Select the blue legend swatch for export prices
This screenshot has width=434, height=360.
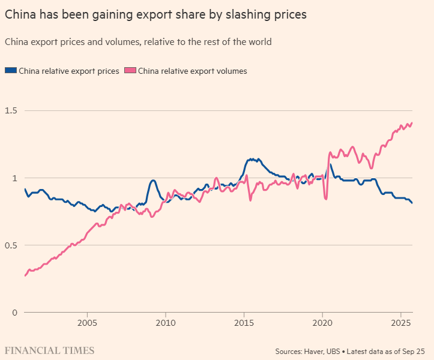pos(11,71)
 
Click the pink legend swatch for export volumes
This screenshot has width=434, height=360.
pos(130,71)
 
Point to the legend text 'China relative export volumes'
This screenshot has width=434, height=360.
pos(192,71)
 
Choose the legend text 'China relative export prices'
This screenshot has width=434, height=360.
pos(69,71)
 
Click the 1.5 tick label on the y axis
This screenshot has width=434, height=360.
pos(11,111)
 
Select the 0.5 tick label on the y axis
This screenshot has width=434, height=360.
pos(11,245)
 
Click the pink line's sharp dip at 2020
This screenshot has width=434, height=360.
pos(326,199)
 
